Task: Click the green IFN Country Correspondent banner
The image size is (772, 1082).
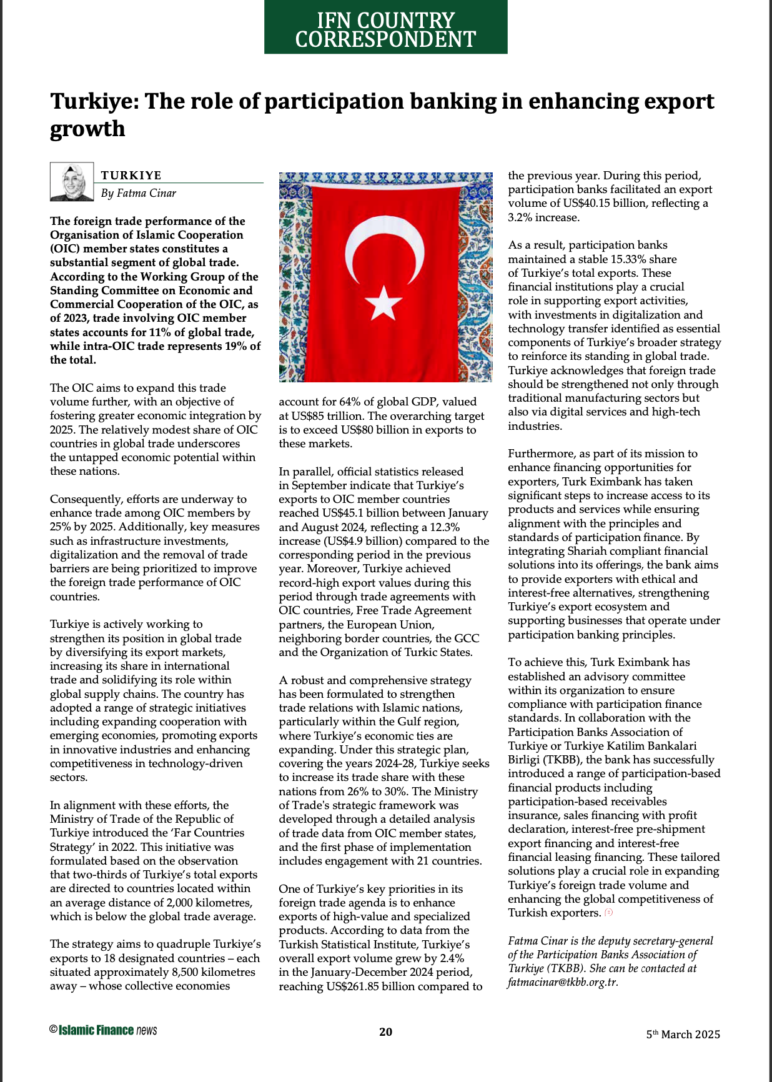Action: pos(385,28)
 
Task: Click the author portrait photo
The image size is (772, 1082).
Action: pos(72,182)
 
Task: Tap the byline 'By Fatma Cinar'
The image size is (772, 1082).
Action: pos(139,193)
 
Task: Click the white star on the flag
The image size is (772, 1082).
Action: pos(383,302)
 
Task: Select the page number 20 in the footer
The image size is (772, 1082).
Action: pos(386,1031)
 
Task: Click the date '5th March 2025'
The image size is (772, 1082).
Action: pos(683,1034)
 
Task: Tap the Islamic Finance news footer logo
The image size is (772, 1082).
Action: pos(104,1030)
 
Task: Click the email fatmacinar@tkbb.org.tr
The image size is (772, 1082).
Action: pos(562,982)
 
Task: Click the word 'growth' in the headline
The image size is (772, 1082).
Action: pos(87,129)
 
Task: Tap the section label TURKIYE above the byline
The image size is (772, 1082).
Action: pos(131,175)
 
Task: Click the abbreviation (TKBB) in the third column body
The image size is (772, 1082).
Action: pos(563,760)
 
